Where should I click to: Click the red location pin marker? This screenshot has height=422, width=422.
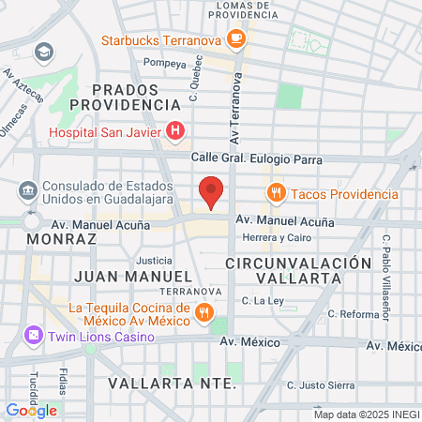point(212,191)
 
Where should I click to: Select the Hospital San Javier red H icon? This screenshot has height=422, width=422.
point(173,132)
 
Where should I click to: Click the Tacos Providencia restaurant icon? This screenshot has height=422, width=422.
point(275,194)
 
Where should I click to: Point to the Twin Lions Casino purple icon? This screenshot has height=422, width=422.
point(33,335)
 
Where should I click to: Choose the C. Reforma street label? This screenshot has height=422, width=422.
point(354,313)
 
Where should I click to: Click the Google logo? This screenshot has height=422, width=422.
point(32,410)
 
